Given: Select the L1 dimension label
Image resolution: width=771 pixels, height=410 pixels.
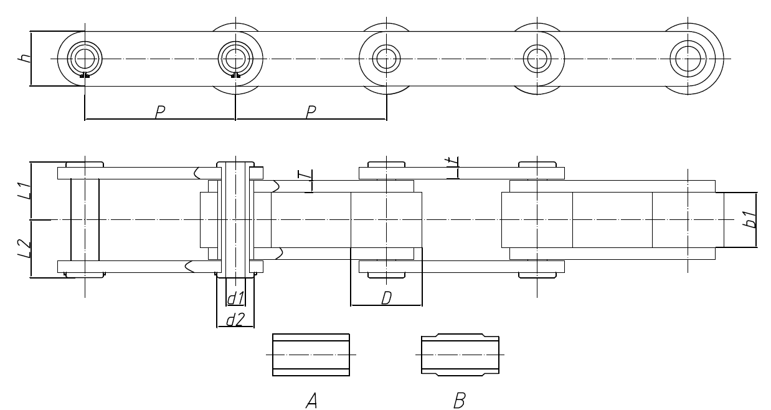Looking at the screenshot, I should click(x=22, y=190).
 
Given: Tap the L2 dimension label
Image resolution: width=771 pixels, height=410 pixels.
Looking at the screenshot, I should click(x=22, y=249).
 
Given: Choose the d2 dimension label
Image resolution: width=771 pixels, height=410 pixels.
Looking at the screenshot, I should click(x=235, y=320).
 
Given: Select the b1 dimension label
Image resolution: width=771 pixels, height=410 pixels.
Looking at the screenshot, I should click(x=752, y=220).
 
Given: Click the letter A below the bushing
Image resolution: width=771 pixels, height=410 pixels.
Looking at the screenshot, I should click(x=311, y=399).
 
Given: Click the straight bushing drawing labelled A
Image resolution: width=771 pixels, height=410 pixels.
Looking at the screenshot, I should click(x=311, y=355).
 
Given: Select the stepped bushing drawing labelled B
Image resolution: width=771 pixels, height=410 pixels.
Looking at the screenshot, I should click(x=460, y=355).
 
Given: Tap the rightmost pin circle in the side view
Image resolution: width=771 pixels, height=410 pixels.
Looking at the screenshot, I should click(x=687, y=59).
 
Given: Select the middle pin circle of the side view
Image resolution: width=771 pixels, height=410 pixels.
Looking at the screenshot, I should click(x=385, y=59).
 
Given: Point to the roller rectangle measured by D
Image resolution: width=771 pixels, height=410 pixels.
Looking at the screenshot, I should click(x=386, y=219).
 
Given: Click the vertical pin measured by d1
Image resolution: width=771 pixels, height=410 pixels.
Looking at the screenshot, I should click(x=235, y=219).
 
